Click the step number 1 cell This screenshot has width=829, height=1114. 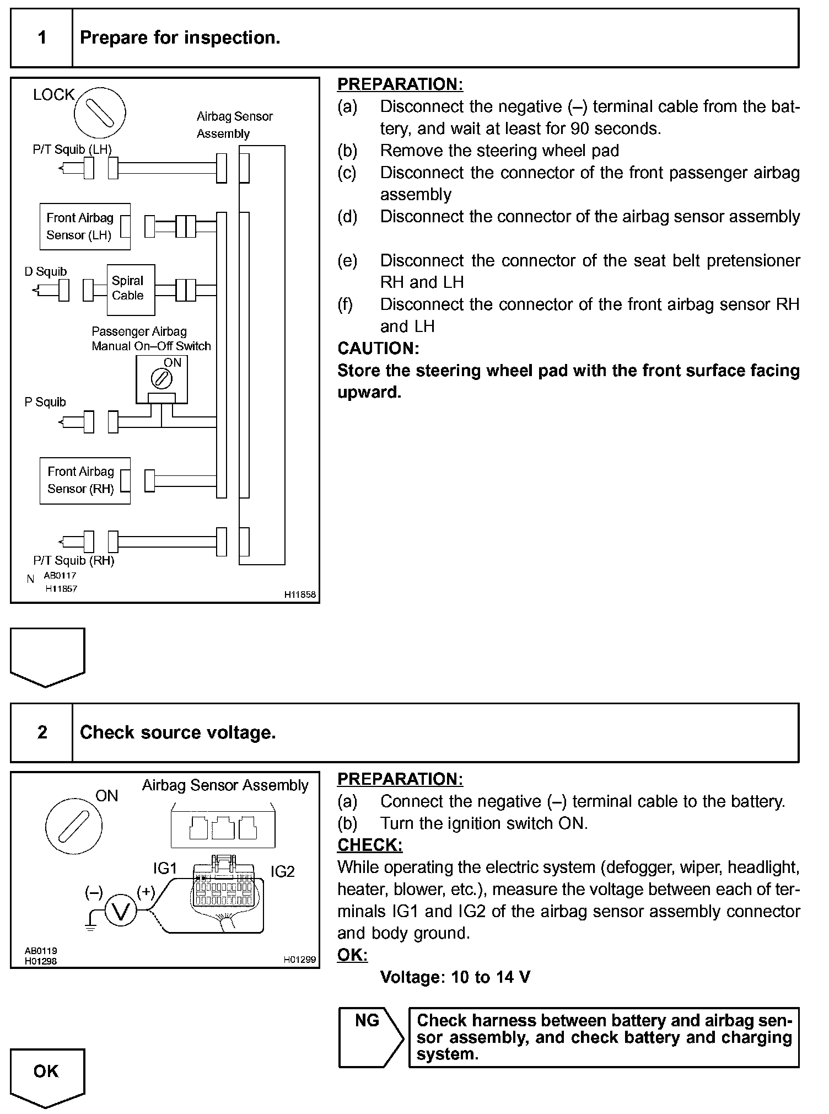pos(42,38)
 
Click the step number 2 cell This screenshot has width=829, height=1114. pos(42,732)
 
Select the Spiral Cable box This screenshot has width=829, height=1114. pos(131,289)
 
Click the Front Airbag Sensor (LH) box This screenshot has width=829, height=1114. pos(85,227)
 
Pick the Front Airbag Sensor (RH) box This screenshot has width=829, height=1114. pos(85,480)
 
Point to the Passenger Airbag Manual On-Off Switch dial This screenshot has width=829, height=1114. pos(162,379)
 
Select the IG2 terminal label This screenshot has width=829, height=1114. pos(282,871)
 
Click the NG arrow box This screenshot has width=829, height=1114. pos(370,1037)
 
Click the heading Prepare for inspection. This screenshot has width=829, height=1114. pos(180,38)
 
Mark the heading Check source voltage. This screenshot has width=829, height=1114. pos(177,732)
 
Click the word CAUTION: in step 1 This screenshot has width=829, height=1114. pos(378,349)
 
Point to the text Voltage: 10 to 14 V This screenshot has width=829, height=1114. pos(455,977)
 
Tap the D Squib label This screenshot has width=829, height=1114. pos(46,271)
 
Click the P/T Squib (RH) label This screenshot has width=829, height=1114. pos(74,561)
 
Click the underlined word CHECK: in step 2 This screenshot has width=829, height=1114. pos(369,845)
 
